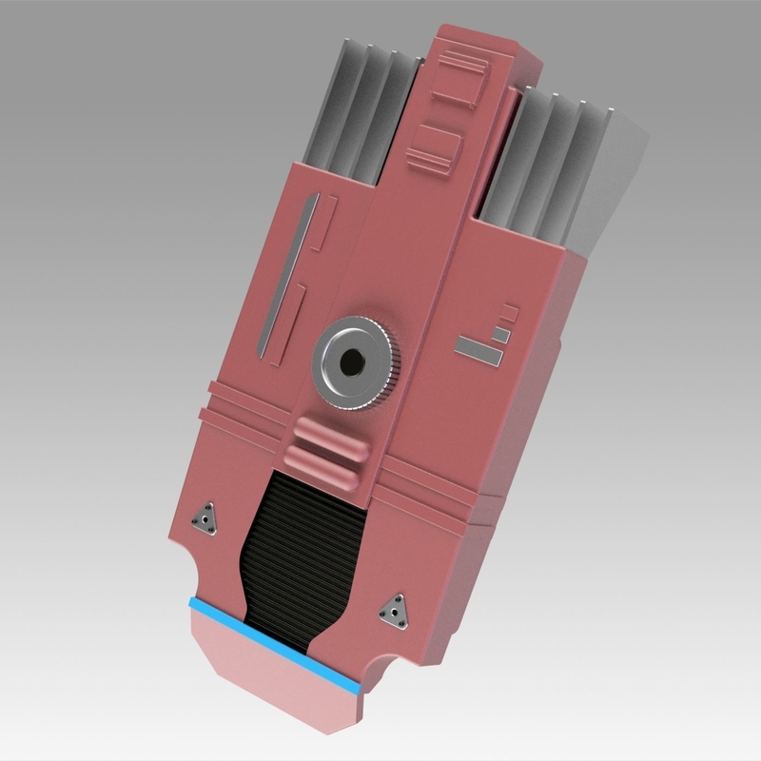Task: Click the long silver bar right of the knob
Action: click(x=478, y=350)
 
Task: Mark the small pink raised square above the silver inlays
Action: click(x=511, y=311)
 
